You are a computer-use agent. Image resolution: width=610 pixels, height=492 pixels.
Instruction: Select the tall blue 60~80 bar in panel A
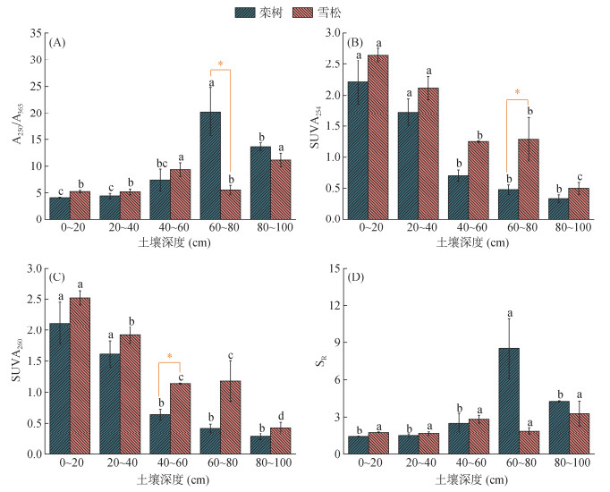point(210,165)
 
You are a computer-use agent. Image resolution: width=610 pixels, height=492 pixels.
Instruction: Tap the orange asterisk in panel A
point(220,64)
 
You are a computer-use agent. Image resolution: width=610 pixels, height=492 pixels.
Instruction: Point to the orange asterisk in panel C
point(170,357)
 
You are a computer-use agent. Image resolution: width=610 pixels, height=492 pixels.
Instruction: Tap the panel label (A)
point(58,43)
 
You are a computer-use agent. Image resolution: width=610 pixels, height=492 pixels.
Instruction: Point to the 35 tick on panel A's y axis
point(36,33)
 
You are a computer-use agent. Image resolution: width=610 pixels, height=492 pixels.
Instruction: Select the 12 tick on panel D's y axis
point(337,306)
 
